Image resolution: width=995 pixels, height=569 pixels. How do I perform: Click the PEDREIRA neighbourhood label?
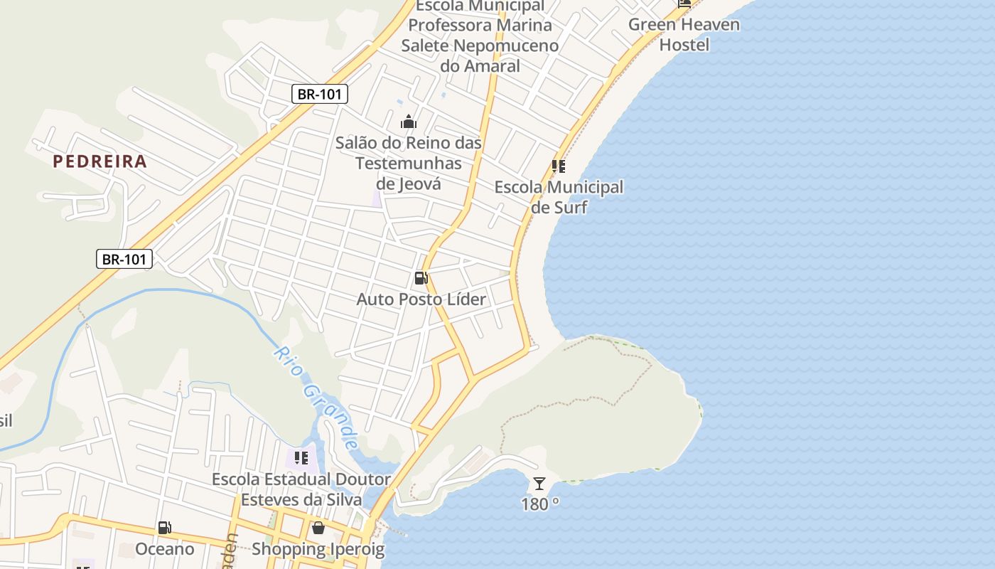[99, 161]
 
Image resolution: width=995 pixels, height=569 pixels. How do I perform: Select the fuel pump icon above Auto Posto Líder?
[421, 278]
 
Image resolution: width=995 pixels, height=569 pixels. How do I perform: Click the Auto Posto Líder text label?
[421, 299]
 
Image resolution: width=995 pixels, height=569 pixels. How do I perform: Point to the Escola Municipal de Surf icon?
[559, 166]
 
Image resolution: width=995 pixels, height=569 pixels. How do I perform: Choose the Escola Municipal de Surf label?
[559, 197]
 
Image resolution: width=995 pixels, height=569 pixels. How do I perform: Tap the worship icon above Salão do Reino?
[408, 122]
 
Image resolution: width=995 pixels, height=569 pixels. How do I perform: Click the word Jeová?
[409, 184]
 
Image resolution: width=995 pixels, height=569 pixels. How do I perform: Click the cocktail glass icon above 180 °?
[539, 484]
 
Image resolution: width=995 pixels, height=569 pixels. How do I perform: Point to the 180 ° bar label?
[540, 504]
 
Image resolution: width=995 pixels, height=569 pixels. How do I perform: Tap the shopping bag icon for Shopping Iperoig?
[318, 528]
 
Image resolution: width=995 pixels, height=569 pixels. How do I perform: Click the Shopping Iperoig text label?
[318, 549]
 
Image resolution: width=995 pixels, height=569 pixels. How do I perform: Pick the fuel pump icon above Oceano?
[164, 528]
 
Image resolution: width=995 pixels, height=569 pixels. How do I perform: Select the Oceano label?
[164, 549]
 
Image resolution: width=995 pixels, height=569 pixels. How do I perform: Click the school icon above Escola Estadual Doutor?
[301, 457]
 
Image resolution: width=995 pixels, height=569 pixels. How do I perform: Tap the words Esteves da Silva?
[301, 499]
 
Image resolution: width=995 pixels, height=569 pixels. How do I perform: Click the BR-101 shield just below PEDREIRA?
[124, 259]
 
